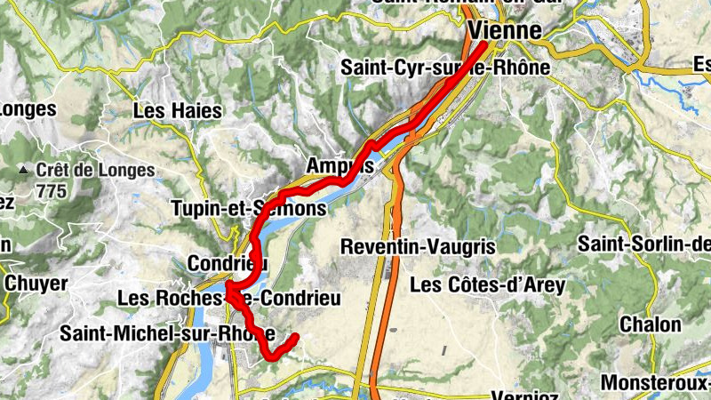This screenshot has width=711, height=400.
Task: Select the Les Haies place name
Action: pyautogui.click(x=177, y=112)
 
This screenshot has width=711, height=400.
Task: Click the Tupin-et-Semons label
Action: pyautogui.click(x=248, y=209)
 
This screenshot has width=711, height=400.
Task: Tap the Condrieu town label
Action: pyautogui.click(x=228, y=264)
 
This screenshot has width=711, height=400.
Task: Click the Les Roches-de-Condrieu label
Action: pyautogui.click(x=229, y=300)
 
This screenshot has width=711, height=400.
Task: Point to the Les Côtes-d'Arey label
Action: pyautogui.click(x=483, y=285)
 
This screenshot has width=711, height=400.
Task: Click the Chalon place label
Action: pyautogui.click(x=650, y=324)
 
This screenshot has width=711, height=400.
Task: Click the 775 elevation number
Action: pyautogui.click(x=52, y=189)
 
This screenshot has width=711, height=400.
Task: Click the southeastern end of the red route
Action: pyautogui.click(x=294, y=336)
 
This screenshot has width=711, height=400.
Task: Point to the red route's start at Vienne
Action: pyautogui.click(x=484, y=44)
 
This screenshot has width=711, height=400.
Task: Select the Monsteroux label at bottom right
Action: pyautogui.click(x=656, y=383)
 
